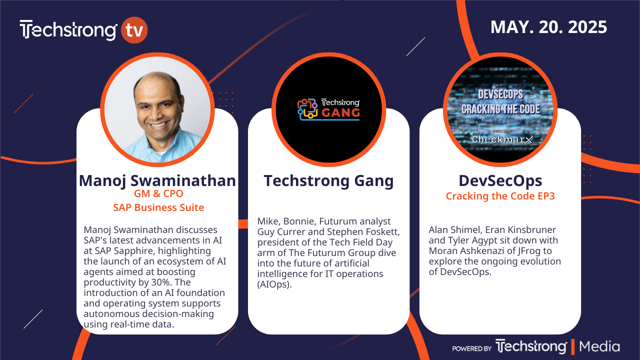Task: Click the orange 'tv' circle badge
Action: point(134,30)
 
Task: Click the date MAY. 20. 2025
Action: point(548,27)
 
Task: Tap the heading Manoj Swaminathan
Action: point(157,181)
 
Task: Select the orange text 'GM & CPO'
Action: point(158,193)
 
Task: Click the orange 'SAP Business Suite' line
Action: point(158,207)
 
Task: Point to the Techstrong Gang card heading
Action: point(328,181)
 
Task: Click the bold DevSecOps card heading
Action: point(500,181)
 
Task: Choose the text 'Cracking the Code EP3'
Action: point(500,196)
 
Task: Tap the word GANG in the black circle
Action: point(341,113)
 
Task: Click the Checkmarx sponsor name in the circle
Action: point(502,139)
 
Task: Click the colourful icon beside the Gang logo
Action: point(307,109)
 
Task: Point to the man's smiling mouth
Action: point(158,124)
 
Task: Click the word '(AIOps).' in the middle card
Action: point(274,284)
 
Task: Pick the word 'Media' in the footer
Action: point(599,346)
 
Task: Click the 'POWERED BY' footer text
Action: point(471,348)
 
